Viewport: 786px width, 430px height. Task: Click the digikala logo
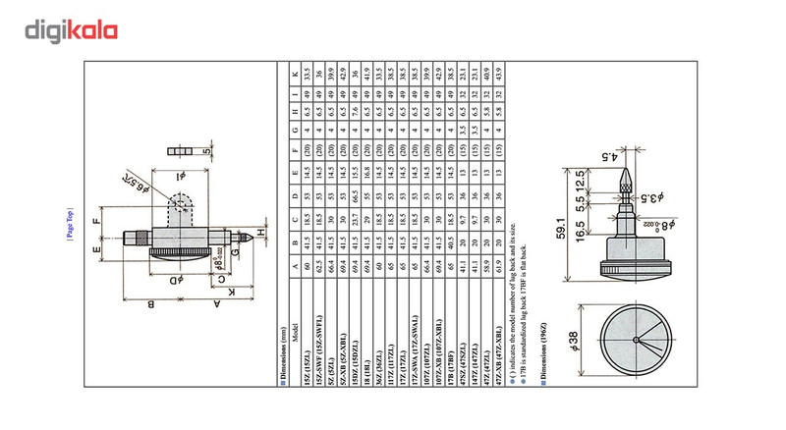[x=72, y=31]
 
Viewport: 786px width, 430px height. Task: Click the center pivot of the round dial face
[x=640, y=343]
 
